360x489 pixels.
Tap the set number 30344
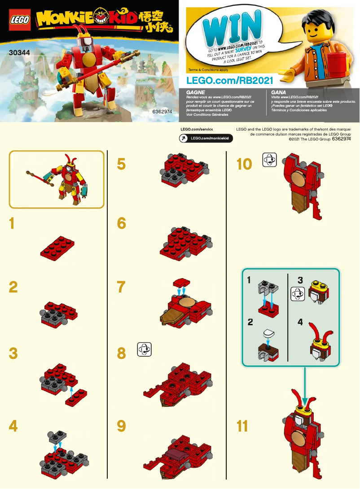(18, 52)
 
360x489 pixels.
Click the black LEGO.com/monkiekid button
(206, 138)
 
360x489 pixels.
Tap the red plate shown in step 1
(57, 245)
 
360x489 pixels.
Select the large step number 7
(121, 287)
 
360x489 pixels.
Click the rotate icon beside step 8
(145, 349)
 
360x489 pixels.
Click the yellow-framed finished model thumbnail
(57, 179)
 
